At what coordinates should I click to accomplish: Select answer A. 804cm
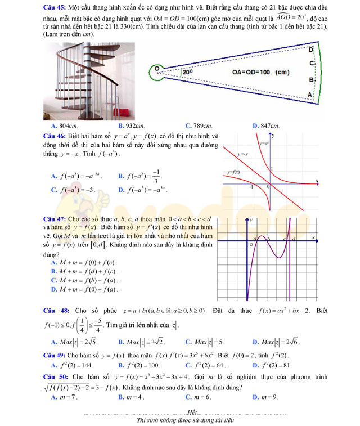pos(64,126)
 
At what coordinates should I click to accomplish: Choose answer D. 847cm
pos(267,126)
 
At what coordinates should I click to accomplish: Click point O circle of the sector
pos(157,69)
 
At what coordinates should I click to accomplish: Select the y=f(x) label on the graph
pos(233,172)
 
